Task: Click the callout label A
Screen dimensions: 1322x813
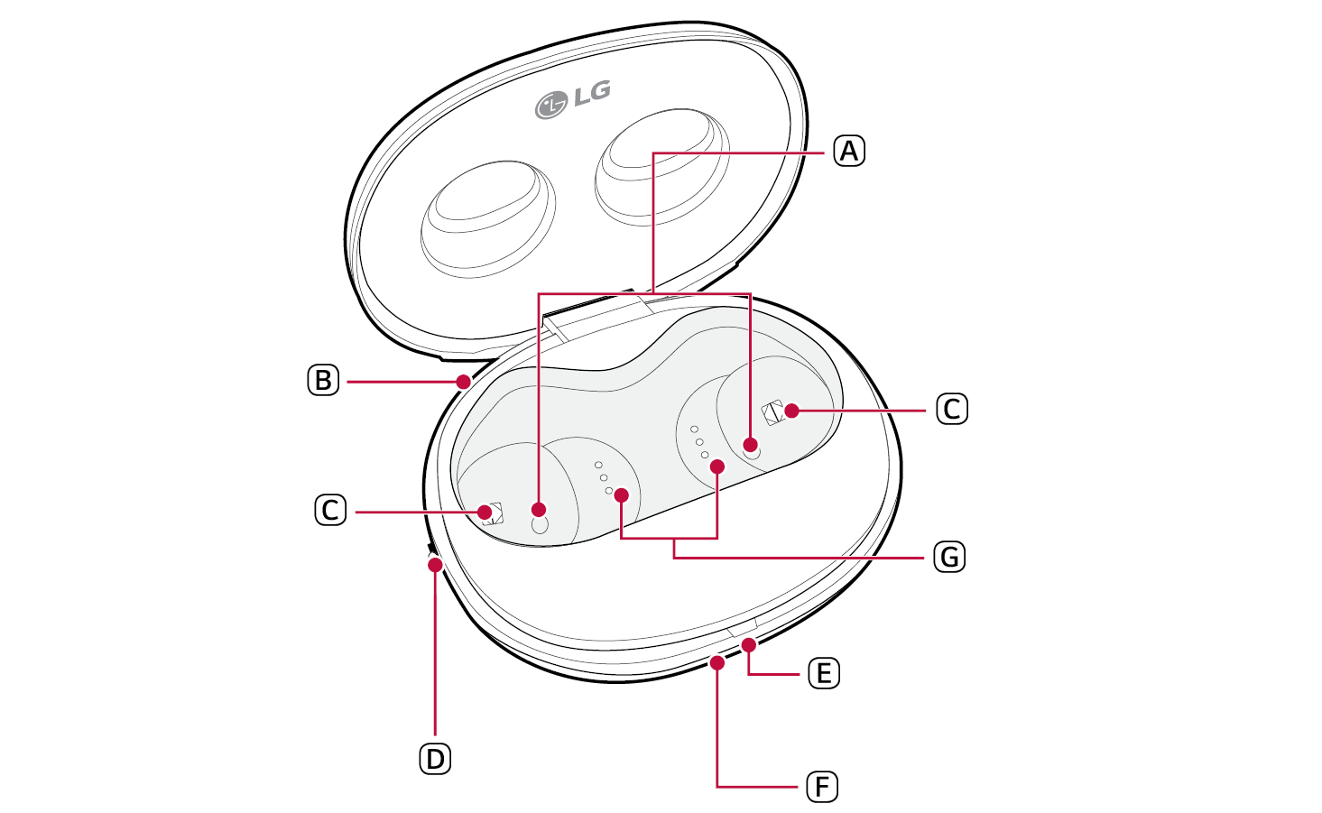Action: click(x=848, y=151)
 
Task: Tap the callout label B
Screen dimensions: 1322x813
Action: click(x=323, y=381)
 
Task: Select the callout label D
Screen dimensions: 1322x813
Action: click(x=435, y=760)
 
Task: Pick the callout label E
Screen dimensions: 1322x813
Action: click(x=824, y=673)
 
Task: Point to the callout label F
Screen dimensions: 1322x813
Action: click(x=822, y=787)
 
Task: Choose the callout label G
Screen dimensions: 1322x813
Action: click(x=949, y=557)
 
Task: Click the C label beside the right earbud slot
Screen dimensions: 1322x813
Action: click(x=952, y=409)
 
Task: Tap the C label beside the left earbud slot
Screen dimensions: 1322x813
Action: click(x=330, y=511)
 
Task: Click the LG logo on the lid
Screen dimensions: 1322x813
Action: click(x=572, y=99)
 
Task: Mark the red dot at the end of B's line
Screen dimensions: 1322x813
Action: click(x=464, y=382)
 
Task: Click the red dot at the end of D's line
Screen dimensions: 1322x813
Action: click(x=435, y=565)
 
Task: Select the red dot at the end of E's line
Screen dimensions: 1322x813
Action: click(x=749, y=645)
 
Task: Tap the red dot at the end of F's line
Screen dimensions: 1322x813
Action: click(x=717, y=663)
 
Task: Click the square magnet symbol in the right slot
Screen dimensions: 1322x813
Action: click(x=772, y=413)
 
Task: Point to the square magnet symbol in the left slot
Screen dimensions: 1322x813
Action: click(x=492, y=514)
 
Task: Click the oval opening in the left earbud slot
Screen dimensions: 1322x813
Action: click(x=540, y=525)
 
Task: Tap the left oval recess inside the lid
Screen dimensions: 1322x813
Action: click(x=487, y=219)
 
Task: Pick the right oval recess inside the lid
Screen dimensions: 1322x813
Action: click(x=662, y=166)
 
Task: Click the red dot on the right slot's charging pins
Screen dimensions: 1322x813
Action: click(x=717, y=467)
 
